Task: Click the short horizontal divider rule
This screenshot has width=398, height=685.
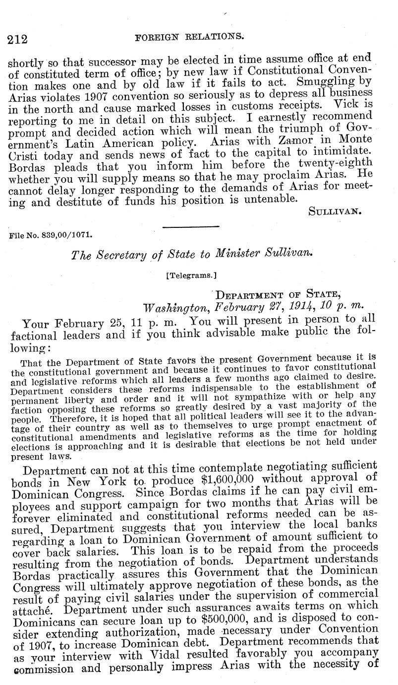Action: click(x=191, y=226)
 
